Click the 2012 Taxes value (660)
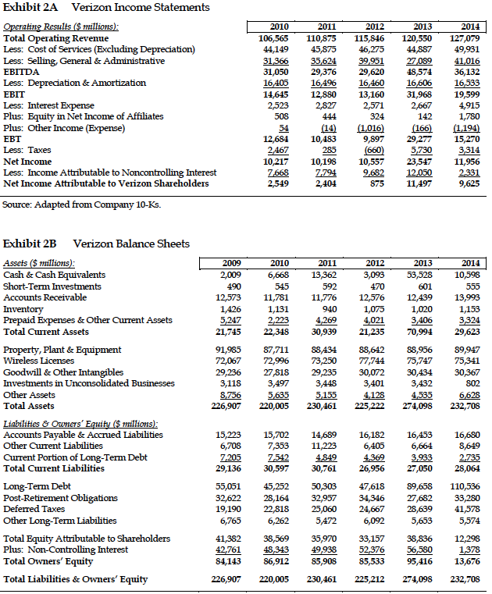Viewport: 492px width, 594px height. (372, 150)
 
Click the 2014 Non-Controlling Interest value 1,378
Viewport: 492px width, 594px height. (468, 550)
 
